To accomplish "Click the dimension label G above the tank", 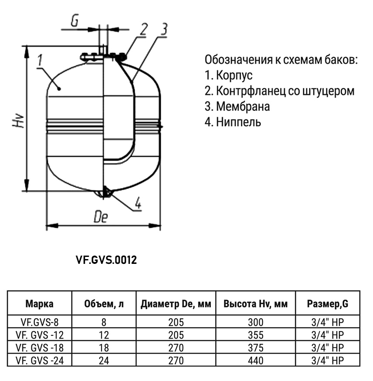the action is [75, 21].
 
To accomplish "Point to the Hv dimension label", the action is [18, 120].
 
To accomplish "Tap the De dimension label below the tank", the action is [101, 216].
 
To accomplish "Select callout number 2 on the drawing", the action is [144, 30].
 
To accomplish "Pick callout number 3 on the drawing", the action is [164, 30].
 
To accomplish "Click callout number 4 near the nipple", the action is [138, 203].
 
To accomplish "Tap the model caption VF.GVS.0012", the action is [106, 260].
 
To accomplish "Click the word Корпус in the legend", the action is [234, 76].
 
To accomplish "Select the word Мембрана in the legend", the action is [243, 106].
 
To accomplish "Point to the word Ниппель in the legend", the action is [238, 122].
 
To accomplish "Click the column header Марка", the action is [39, 304].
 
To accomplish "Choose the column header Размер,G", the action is [328, 304].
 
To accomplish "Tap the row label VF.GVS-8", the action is [40, 322].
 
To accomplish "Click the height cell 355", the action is [255, 335].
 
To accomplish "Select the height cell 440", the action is [255, 361].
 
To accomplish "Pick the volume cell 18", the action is [104, 348].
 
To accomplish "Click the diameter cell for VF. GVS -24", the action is [176, 361].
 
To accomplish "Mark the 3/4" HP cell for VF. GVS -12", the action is [328, 335].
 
